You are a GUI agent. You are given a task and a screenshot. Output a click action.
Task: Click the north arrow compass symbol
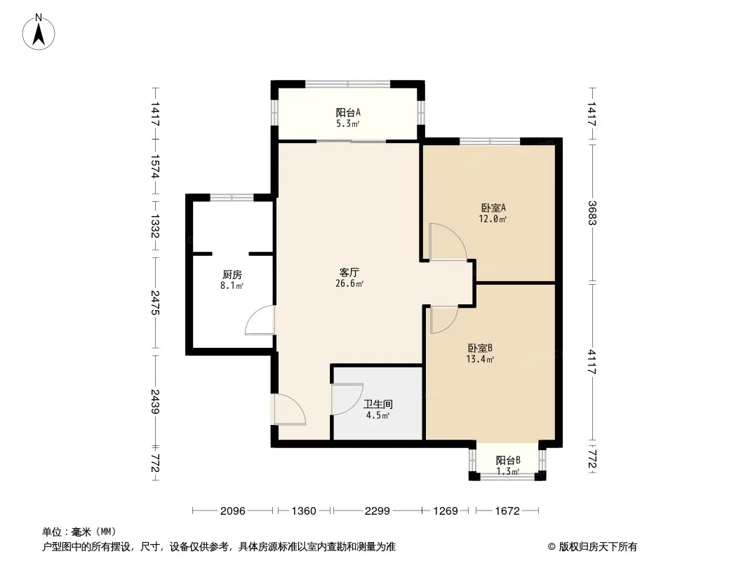coord(39,32)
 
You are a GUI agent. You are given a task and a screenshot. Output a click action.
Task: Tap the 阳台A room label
coord(348,112)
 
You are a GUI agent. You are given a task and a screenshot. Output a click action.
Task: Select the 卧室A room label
coord(493,208)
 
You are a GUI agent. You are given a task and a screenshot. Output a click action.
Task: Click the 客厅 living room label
coord(349,272)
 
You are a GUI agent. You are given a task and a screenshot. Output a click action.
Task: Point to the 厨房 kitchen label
coord(232,275)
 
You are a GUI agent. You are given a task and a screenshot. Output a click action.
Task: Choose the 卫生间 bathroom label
coord(378,404)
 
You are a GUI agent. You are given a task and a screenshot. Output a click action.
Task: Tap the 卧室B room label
coord(480,348)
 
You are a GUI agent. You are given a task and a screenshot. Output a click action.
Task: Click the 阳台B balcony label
coord(507,460)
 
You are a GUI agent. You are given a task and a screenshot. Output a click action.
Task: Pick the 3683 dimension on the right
coord(592,212)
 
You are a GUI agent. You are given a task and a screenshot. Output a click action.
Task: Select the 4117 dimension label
coord(592,362)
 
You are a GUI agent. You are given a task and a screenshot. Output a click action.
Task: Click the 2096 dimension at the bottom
coord(233,511)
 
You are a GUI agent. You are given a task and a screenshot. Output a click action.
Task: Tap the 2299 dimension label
coord(378,511)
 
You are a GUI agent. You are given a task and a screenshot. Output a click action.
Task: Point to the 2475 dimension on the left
coord(154,303)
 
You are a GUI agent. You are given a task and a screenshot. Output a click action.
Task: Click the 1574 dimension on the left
coord(154,166)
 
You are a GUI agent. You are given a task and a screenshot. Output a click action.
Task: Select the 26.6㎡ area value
coord(349,283)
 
